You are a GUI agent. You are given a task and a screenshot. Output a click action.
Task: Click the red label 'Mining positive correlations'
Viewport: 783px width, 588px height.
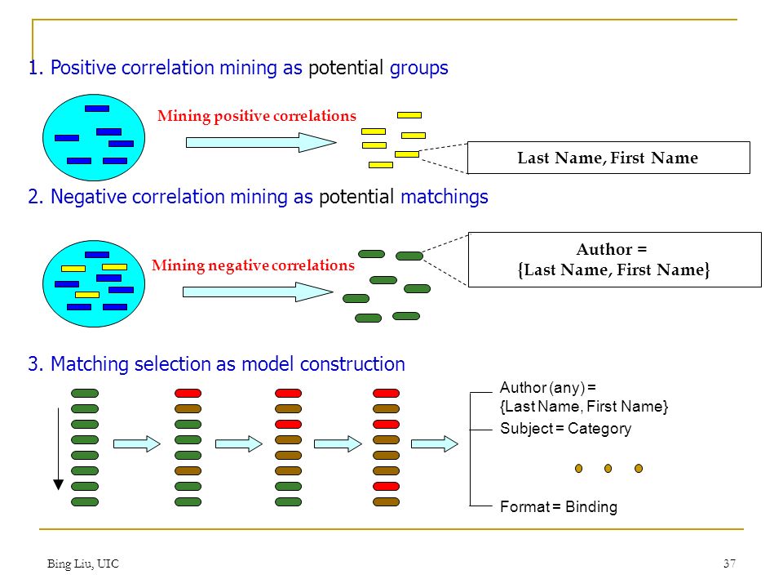click(x=257, y=116)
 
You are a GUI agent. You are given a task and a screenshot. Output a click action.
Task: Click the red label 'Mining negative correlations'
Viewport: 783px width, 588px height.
click(x=253, y=265)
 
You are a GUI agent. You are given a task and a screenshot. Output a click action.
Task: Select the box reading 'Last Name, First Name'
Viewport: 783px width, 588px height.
click(x=608, y=158)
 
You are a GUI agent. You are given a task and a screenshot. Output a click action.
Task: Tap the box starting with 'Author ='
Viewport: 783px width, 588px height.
click(x=614, y=260)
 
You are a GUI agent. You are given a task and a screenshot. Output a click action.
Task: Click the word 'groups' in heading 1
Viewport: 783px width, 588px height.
click(x=419, y=68)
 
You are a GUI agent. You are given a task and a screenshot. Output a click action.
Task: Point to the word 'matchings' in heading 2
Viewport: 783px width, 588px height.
click(x=445, y=197)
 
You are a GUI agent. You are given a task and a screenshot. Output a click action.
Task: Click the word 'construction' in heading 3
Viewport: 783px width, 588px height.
click(x=352, y=364)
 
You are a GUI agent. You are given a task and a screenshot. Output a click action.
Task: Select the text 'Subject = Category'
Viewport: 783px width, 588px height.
click(x=566, y=429)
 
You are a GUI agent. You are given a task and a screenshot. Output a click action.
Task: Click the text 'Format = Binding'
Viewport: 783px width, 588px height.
click(x=559, y=506)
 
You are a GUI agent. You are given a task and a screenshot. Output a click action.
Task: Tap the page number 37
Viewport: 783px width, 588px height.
click(x=729, y=563)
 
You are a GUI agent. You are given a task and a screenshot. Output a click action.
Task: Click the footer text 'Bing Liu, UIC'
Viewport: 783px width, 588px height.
click(x=83, y=563)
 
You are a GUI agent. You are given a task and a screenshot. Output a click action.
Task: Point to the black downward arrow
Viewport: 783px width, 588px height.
click(x=59, y=448)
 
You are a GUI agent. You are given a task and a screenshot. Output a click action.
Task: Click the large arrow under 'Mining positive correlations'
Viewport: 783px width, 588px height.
click(x=261, y=142)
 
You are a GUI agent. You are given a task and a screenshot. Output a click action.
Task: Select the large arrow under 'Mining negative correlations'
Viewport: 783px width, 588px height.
click(x=258, y=292)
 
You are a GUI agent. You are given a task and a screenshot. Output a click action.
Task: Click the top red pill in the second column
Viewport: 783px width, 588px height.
click(x=188, y=394)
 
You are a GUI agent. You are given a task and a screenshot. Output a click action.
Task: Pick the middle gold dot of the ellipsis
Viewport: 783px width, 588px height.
click(x=608, y=469)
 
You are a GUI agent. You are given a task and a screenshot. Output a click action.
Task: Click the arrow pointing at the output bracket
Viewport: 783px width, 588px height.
click(x=435, y=443)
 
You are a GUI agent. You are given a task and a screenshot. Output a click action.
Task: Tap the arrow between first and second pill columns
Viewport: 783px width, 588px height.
click(x=137, y=443)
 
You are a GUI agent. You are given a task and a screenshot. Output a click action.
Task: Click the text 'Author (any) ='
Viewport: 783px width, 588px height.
click(x=548, y=387)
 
